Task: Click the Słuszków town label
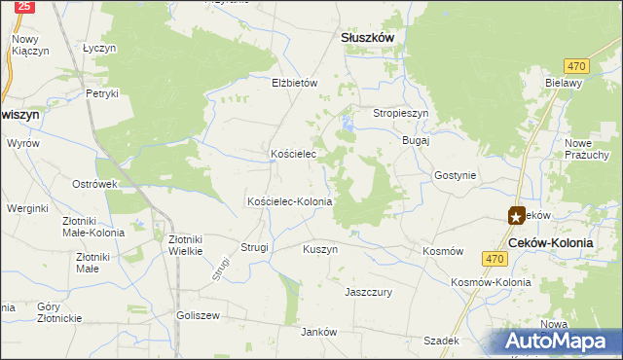tap(367, 36)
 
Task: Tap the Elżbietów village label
tap(295, 83)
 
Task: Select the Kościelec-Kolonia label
tap(290, 201)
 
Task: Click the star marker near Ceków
tap(515, 216)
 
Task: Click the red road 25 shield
tap(25, 7)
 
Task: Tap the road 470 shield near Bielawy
tap(577, 65)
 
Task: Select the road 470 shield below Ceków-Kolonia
tap(495, 258)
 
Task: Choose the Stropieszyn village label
tap(401, 113)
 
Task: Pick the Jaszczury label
tap(368, 291)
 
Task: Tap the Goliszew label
tap(199, 315)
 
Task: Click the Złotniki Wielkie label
tap(185, 244)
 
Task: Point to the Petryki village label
tap(101, 93)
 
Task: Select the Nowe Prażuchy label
tap(586, 149)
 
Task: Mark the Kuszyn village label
tap(320, 249)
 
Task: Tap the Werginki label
tap(27, 208)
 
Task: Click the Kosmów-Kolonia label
tap(491, 282)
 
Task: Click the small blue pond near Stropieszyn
tap(348, 124)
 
